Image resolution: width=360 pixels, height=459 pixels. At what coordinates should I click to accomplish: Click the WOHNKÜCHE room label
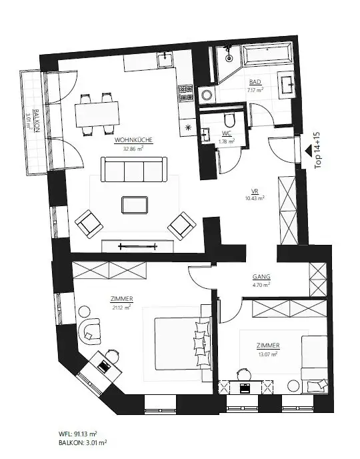(134, 140)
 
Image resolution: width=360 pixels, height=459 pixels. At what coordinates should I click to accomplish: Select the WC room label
(227, 133)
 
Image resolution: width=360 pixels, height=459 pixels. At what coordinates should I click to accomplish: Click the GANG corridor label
(261, 276)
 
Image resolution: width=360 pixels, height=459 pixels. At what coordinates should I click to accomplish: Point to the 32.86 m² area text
(134, 149)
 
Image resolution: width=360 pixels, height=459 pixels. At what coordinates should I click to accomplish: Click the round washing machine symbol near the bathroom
(205, 95)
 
